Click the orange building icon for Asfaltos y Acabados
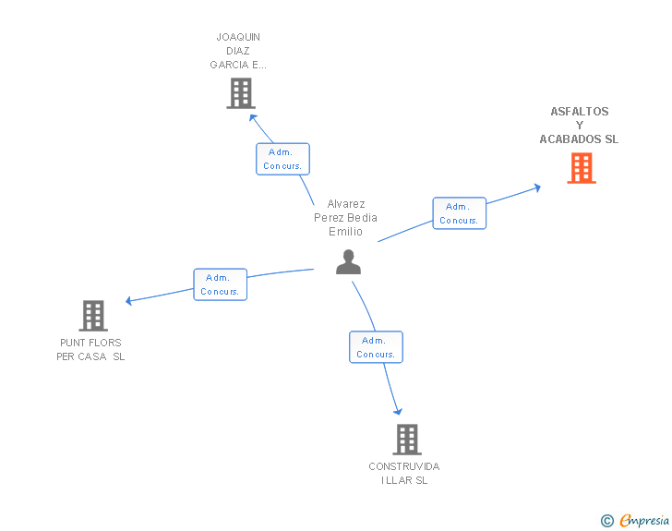coord(582,168)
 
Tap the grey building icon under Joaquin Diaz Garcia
coord(241,93)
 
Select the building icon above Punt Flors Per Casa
coord(93,316)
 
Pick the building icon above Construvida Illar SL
coord(407,440)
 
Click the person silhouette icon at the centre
coord(348,261)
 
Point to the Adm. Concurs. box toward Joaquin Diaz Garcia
coord(282,159)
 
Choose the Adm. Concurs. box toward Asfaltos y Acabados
coord(460,213)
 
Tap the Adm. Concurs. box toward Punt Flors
coord(221,284)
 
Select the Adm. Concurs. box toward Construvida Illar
coord(376,347)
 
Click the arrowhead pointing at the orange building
coord(537,187)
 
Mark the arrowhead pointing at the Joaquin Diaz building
coord(253,117)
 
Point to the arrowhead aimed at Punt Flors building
coord(128,301)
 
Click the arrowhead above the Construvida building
coord(398,412)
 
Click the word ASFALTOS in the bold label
coord(580,112)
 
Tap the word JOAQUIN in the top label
coord(238,37)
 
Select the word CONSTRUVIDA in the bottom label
coord(404,466)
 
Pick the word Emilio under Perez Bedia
coord(345,232)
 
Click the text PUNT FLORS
coord(90,343)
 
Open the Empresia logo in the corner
coord(644,521)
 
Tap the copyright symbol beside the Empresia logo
coord(607,521)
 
